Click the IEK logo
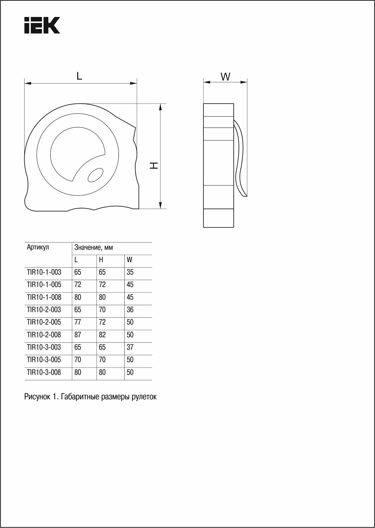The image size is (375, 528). click(x=42, y=25)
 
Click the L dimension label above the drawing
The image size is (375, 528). click(x=79, y=76)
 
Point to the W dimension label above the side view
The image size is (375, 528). click(x=225, y=77)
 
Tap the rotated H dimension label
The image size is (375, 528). click(x=155, y=165)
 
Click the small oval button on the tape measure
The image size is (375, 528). click(x=95, y=175)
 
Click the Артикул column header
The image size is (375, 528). click(x=38, y=247)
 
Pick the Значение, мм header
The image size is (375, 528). click(x=94, y=248)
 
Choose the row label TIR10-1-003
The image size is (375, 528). click(x=44, y=272)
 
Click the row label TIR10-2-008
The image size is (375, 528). click(x=44, y=335)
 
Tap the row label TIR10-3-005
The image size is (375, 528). click(x=44, y=360)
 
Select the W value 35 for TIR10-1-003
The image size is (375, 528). click(x=130, y=272)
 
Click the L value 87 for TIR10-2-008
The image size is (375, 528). click(x=78, y=335)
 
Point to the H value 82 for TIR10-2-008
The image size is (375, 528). click(x=102, y=335)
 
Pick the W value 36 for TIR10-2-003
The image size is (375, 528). click(x=130, y=310)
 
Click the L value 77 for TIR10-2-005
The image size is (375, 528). click(x=78, y=322)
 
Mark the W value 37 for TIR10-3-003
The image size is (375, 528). click(x=130, y=347)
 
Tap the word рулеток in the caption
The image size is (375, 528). click(x=144, y=397)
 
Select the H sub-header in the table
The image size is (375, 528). click(x=101, y=260)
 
